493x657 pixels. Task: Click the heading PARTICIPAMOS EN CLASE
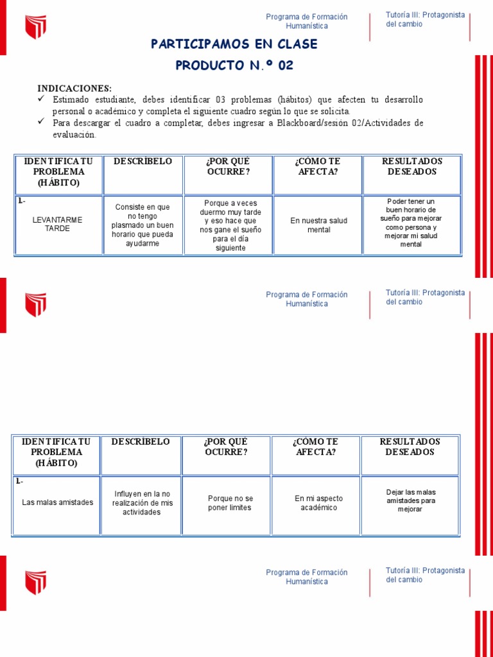coord(234,44)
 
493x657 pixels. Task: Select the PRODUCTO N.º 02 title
coord(234,65)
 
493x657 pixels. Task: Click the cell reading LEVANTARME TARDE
coord(58,224)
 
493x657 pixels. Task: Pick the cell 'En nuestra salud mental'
coord(318,225)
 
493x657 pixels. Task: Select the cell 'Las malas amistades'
coord(57,502)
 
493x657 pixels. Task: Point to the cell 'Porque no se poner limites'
coord(230,503)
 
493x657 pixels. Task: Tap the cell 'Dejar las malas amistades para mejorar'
coord(411,500)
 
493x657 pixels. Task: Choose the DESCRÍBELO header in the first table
coord(143,162)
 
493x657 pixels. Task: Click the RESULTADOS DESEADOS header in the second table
coord(410,447)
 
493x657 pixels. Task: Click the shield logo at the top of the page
coord(36,28)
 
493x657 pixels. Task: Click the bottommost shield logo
coord(36,582)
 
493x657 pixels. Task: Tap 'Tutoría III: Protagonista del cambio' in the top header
coord(425,19)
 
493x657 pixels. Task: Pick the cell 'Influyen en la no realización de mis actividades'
coord(143,503)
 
